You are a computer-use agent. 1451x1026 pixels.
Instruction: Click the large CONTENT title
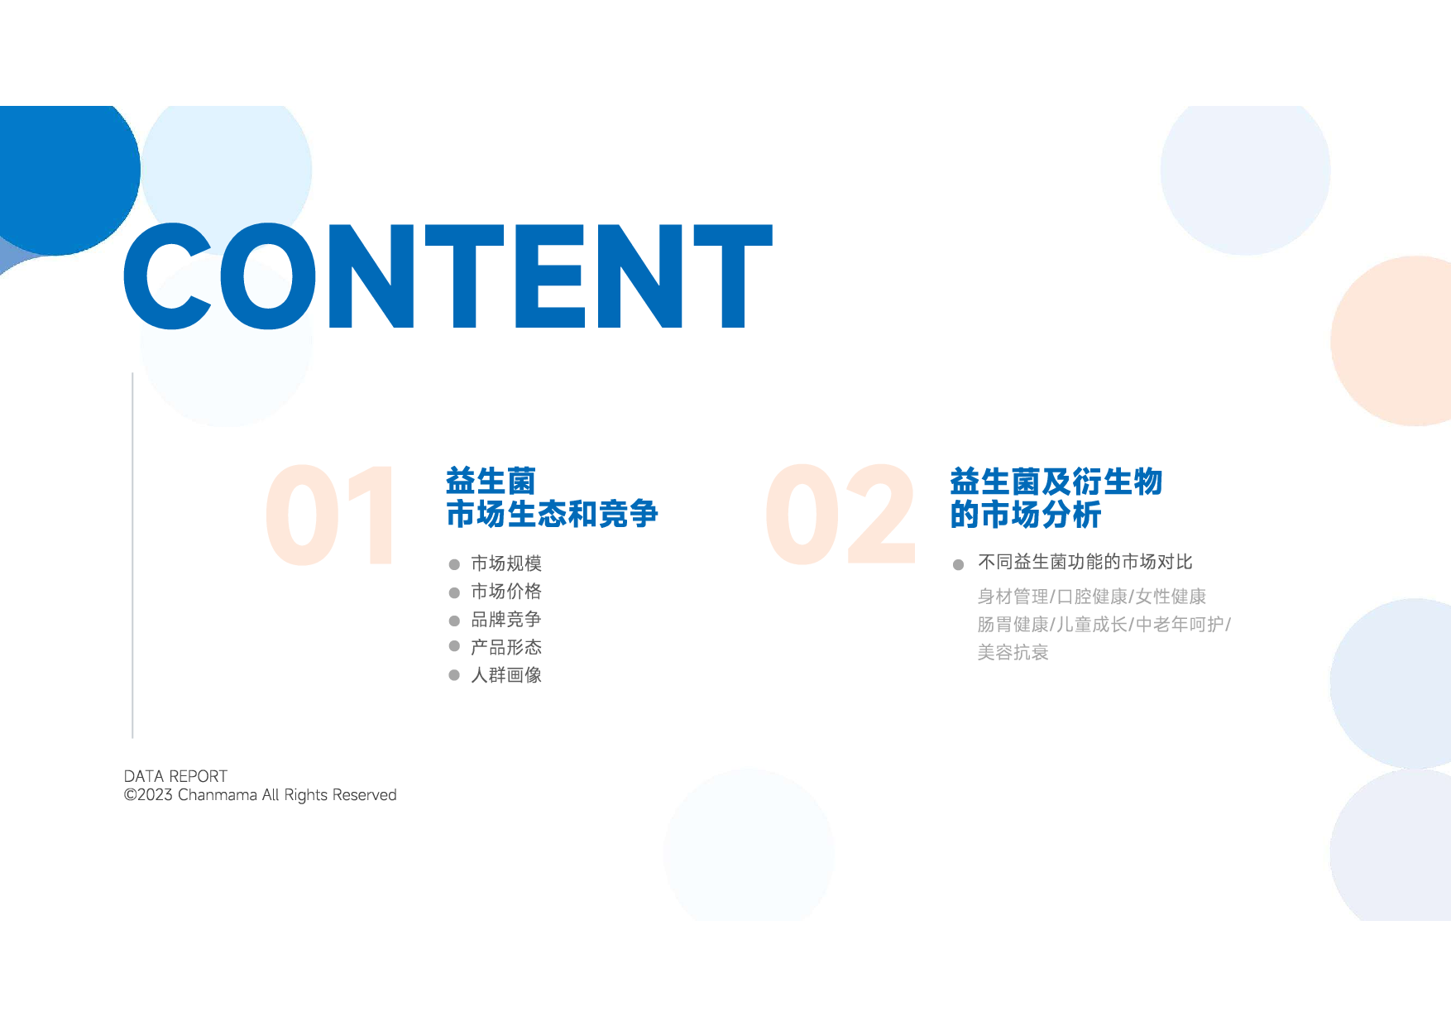[448, 276]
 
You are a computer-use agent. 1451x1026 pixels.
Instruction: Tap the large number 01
[330, 515]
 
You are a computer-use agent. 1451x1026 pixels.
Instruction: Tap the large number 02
[840, 515]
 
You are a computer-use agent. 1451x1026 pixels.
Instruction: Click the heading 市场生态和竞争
[552, 514]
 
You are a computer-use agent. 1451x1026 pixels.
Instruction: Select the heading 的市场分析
[1026, 515]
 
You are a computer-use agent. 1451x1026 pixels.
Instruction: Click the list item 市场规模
[506, 563]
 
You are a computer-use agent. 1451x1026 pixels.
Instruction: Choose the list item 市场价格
[506, 592]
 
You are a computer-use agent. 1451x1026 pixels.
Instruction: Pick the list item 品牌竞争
[506, 620]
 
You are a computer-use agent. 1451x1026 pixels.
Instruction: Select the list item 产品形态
[506, 647]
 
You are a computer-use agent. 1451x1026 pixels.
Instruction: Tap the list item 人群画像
[506, 675]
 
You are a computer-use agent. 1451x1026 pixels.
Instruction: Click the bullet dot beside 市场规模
[454, 564]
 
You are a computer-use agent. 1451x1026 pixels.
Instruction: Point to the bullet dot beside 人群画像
[454, 675]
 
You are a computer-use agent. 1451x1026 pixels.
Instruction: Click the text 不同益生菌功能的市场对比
[1085, 563]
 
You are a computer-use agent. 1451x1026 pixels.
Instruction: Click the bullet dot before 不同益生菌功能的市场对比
[958, 564]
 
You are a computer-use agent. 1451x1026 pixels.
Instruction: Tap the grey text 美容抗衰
[1013, 653]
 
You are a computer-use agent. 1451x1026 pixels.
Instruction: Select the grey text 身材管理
[1013, 597]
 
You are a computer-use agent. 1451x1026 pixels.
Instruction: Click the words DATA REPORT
[175, 776]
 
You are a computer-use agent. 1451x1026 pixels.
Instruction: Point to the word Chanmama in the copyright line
[218, 795]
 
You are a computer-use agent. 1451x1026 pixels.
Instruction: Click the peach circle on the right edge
[1393, 341]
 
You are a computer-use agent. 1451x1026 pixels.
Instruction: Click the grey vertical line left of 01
[132, 555]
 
